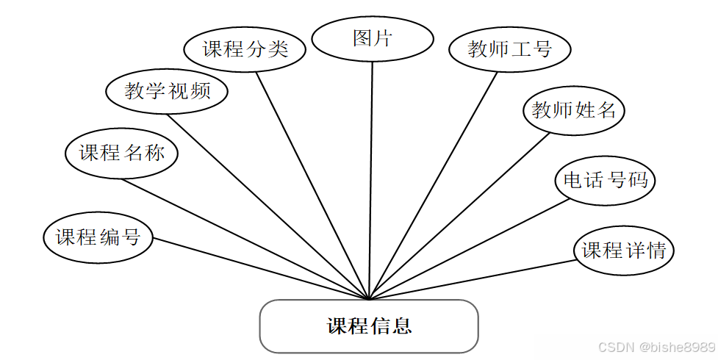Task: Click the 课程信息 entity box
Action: [x=369, y=325]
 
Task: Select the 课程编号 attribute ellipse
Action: [x=98, y=237]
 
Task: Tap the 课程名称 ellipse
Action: [x=121, y=153]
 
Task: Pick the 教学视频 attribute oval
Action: [x=167, y=91]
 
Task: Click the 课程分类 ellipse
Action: [x=245, y=49]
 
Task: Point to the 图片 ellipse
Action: [x=372, y=39]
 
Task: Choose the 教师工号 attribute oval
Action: [x=510, y=49]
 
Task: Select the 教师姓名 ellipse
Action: [x=573, y=111]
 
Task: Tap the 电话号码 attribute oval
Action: [x=605, y=179]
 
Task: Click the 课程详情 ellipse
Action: [x=624, y=251]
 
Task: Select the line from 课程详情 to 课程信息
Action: [x=470, y=280]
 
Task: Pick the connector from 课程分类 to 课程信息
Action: [x=312, y=185]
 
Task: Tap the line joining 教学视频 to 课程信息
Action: [x=268, y=207]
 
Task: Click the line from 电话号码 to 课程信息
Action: [x=468, y=248]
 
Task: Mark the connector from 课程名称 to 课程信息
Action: [x=245, y=240]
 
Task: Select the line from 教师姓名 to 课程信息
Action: [x=459, y=215]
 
